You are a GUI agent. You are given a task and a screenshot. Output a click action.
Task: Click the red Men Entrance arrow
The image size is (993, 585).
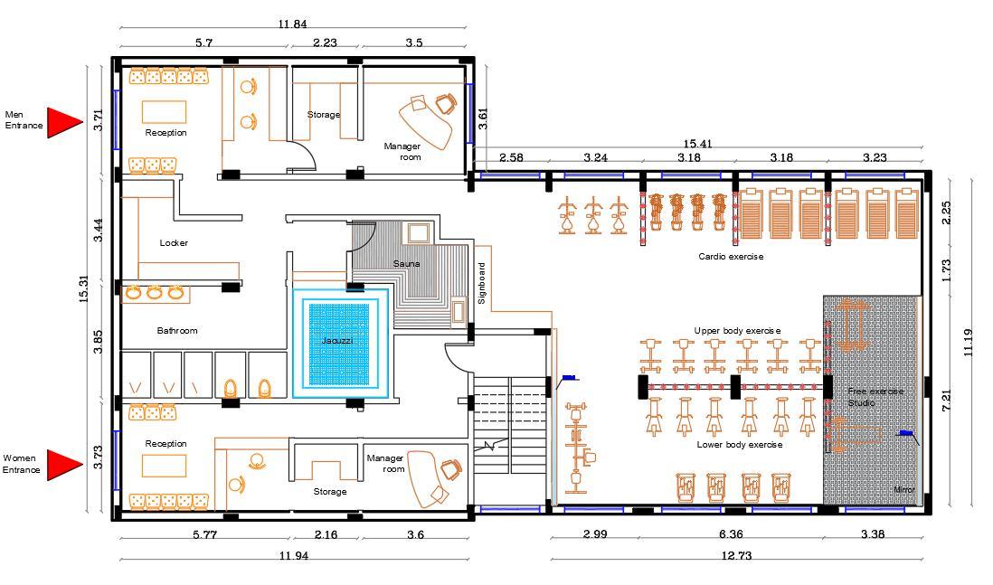coord(63,122)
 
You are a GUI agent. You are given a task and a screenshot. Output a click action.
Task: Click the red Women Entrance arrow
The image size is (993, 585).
coord(63,465)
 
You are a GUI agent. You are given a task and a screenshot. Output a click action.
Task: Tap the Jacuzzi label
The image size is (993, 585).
coord(337,341)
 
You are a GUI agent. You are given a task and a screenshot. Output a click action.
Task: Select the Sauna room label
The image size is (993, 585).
coord(406,263)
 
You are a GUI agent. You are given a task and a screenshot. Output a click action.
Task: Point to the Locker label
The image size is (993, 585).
coord(174,242)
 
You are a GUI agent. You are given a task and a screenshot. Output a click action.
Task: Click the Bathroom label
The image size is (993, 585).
coord(177,331)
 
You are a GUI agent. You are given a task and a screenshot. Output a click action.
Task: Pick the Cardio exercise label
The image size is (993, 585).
coord(731,257)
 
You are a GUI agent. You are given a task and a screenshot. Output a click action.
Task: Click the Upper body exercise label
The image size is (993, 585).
coord(737,331)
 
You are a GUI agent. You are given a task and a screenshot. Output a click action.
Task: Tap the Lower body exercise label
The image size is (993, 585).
coord(740,445)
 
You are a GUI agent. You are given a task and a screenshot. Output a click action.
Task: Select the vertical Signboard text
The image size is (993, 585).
coord(481,283)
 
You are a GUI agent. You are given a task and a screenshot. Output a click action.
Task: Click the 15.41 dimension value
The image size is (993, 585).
coord(697,144)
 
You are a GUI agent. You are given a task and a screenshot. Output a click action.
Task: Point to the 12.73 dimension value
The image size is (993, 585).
coord(736,555)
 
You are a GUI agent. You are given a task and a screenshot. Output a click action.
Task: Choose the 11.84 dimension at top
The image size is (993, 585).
coord(292,24)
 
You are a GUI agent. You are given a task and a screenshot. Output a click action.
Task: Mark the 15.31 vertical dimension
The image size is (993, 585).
coord(83,288)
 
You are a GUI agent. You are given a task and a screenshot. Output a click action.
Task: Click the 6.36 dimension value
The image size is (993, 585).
coord(731,533)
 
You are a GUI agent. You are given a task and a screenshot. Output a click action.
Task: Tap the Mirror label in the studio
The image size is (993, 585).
coord(903,489)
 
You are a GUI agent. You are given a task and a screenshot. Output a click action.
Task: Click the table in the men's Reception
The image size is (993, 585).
coord(164,111)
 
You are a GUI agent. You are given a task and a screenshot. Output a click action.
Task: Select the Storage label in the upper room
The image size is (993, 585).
coord(324,115)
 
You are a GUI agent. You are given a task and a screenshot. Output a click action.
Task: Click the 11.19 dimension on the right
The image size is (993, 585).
coord(967,343)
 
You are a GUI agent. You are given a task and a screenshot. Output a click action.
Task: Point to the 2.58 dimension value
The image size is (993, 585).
coord(511,157)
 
